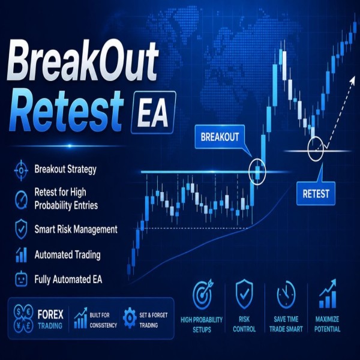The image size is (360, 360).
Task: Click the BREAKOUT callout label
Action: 218,137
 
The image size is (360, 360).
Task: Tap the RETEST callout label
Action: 316,193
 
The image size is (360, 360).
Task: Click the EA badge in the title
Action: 151,112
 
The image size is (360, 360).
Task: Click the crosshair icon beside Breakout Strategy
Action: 20,170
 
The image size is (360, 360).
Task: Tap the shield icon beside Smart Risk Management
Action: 20,229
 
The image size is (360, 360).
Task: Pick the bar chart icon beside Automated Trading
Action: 20,254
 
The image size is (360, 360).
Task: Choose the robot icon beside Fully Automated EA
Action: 20,279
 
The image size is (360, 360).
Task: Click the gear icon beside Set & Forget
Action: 129,317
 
